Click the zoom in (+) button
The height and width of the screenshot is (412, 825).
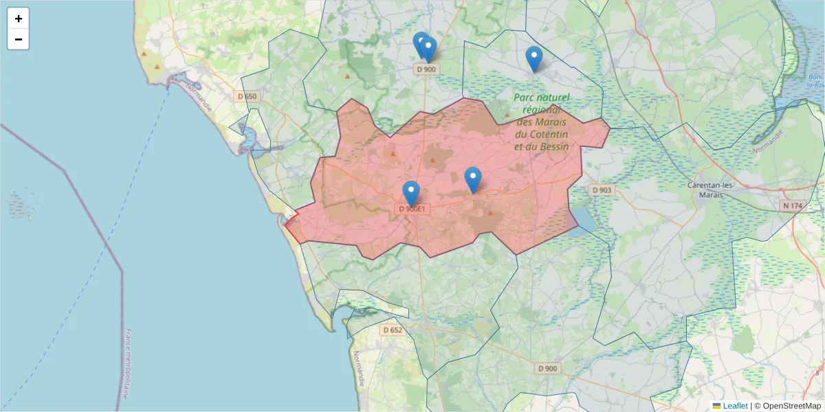19,19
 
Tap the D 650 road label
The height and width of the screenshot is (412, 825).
246,97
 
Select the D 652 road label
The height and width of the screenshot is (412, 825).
392,330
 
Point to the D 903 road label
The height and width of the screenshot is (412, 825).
602,190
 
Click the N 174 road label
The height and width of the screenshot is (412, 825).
793,206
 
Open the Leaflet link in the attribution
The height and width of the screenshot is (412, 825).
735,406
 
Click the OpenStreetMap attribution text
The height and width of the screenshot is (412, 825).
791,406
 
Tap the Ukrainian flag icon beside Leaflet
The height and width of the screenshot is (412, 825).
716,406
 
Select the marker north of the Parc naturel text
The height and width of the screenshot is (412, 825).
533,59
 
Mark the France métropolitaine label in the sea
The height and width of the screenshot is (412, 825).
128,364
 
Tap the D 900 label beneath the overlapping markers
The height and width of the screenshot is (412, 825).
426,69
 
